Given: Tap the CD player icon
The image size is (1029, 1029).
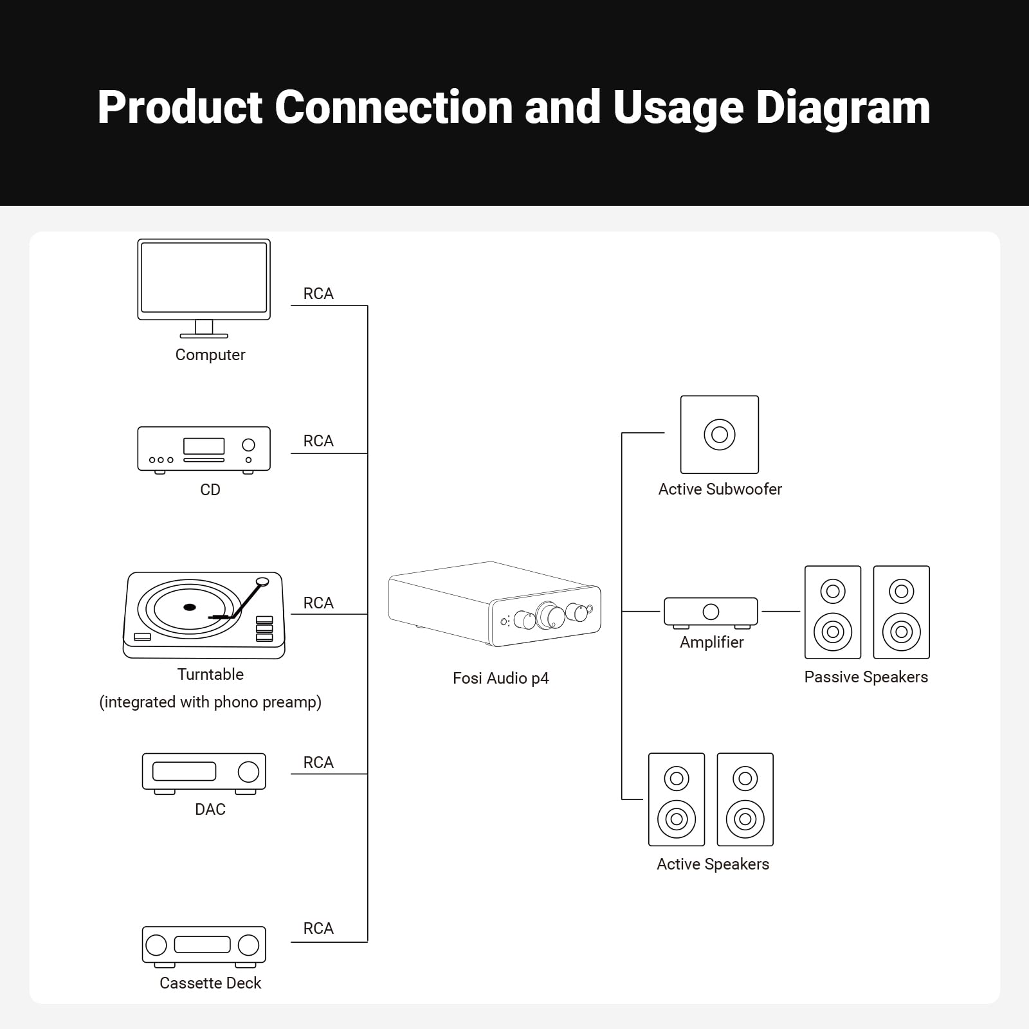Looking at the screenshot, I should pyautogui.click(x=204, y=449).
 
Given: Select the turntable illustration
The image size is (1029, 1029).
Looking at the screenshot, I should pyautogui.click(x=204, y=615).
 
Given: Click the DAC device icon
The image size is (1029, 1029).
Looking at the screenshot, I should pyautogui.click(x=204, y=772).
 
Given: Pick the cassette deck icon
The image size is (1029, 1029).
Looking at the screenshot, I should pyautogui.click(x=204, y=945).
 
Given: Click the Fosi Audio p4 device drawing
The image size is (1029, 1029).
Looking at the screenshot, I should pyautogui.click(x=494, y=605).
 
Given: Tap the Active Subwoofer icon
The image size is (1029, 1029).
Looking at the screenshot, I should pyautogui.click(x=720, y=435).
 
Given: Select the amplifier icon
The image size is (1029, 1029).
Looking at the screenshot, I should pyautogui.click(x=711, y=612).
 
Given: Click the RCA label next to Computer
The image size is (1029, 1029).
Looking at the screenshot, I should pyautogui.click(x=318, y=294).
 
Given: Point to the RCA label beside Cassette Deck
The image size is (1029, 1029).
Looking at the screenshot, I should pyautogui.click(x=318, y=929).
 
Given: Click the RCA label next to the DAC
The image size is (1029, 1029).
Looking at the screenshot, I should pyautogui.click(x=318, y=763).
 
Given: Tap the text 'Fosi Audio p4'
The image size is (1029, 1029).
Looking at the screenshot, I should pyautogui.click(x=500, y=678).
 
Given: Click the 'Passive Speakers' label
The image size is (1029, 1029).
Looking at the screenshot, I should pyautogui.click(x=866, y=677).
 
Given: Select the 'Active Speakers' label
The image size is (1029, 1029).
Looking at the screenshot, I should pyautogui.click(x=713, y=864).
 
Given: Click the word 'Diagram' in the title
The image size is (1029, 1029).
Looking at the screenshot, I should pyautogui.click(x=842, y=107).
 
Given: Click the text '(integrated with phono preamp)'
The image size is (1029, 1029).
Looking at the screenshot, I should pyautogui.click(x=210, y=702).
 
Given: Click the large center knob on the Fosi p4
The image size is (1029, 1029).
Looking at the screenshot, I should pyautogui.click(x=551, y=615).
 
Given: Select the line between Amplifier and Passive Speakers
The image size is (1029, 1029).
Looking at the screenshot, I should pyautogui.click(x=781, y=612).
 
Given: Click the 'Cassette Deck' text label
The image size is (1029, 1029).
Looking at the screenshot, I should pyautogui.click(x=210, y=983).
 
